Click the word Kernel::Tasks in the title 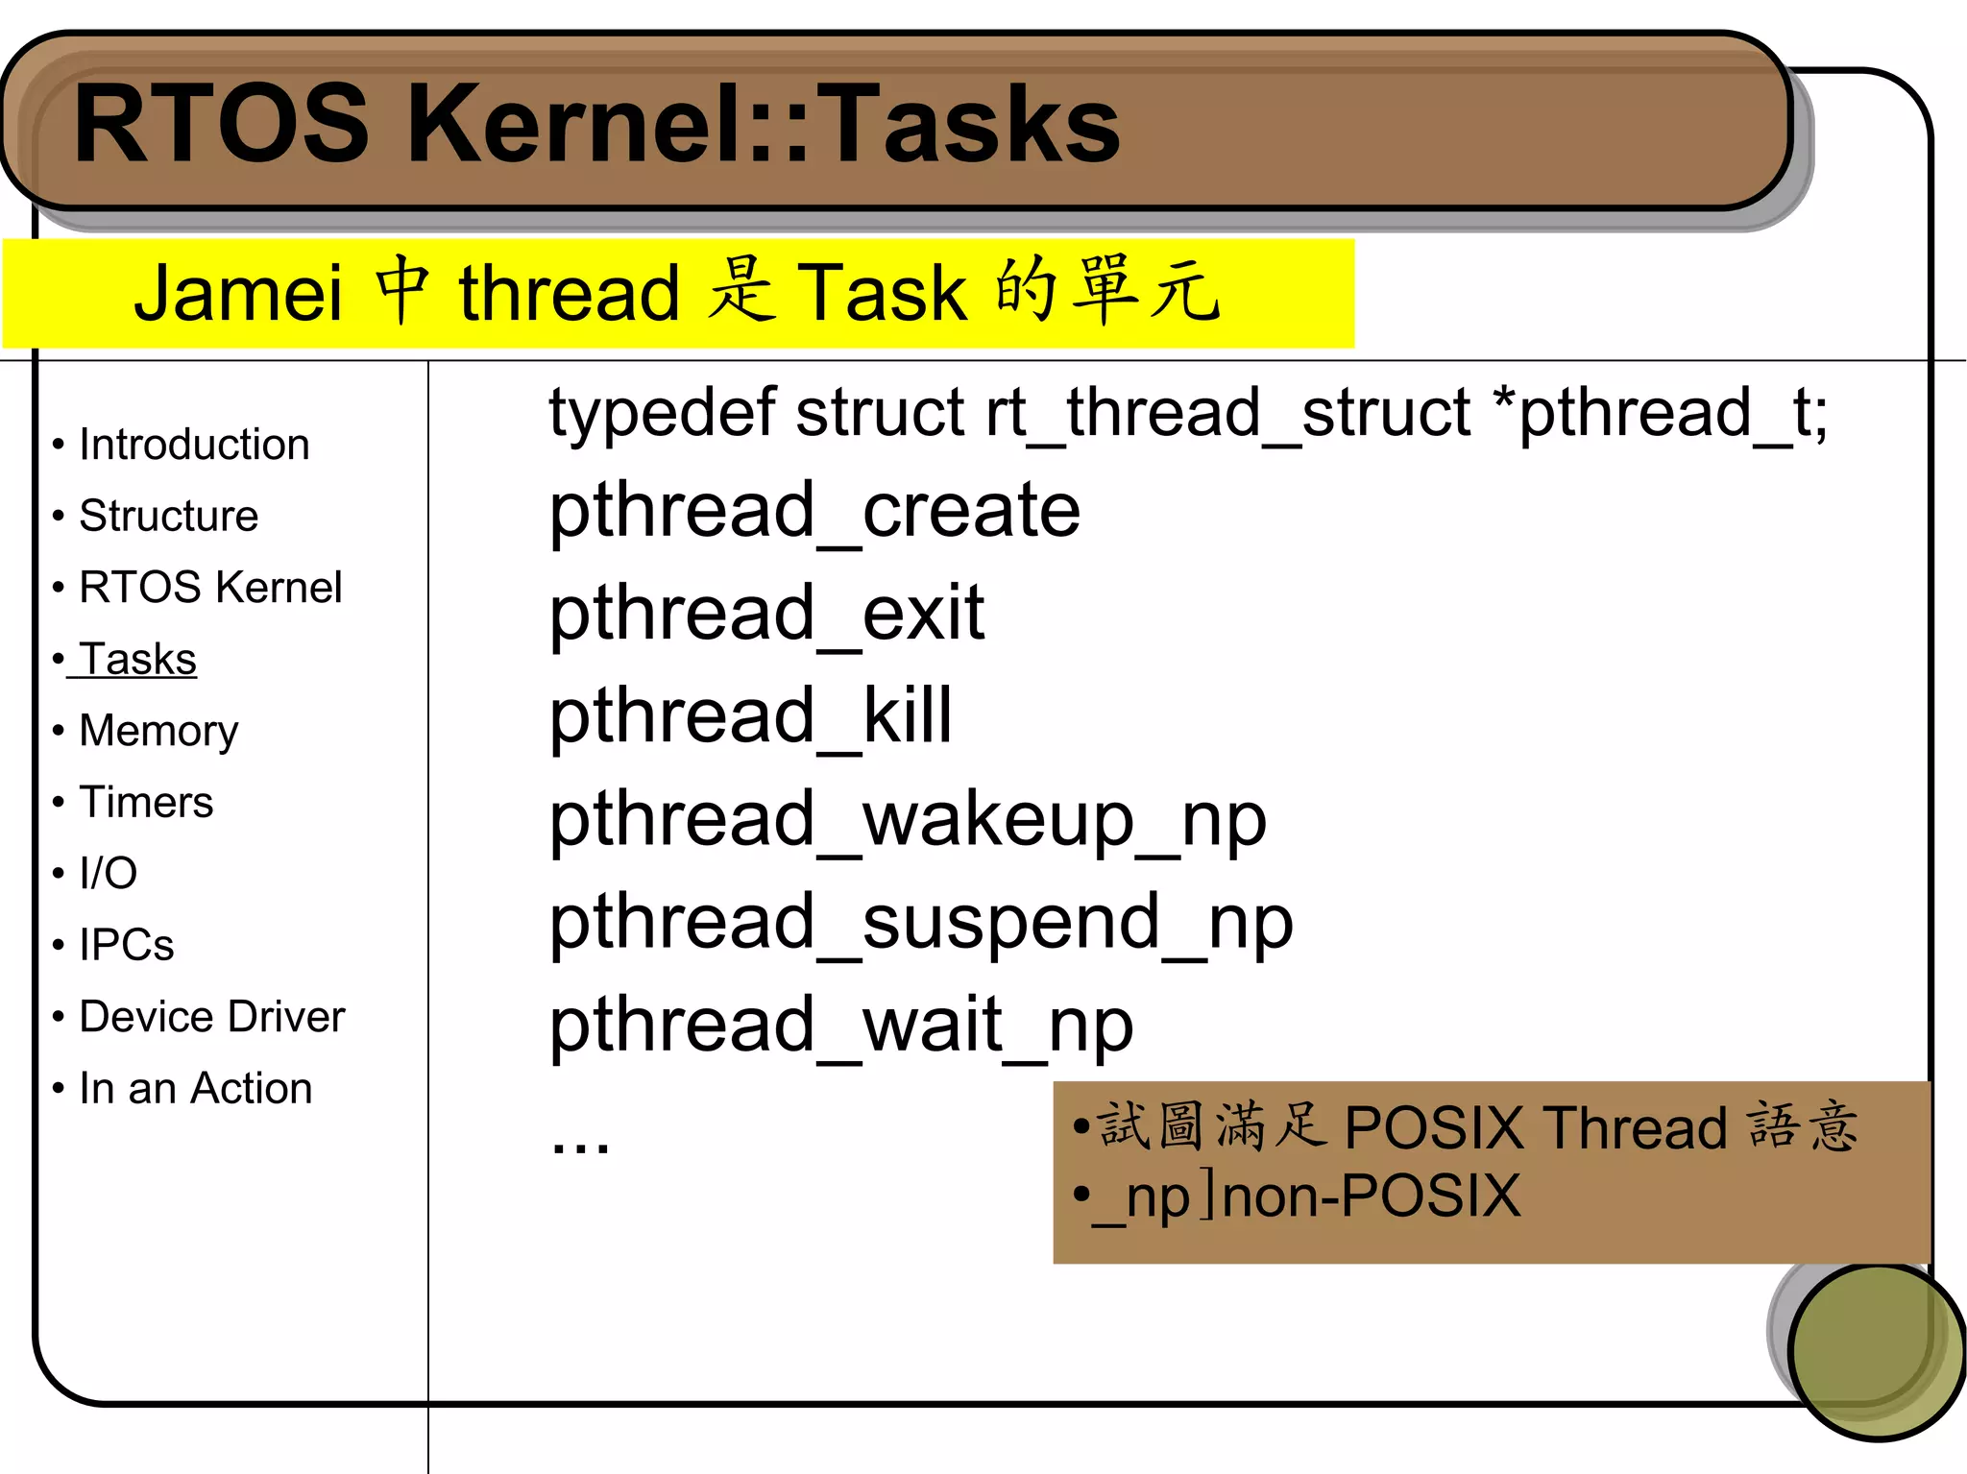(x=764, y=125)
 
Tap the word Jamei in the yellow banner (x=238, y=293)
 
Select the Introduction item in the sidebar (x=194, y=445)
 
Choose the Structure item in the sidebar (x=168, y=516)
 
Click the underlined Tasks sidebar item (x=137, y=660)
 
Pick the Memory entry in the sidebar (x=158, y=731)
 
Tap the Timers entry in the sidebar (x=146, y=802)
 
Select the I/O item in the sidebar (x=108, y=874)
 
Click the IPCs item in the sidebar (x=126, y=945)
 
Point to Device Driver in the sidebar (x=211, y=1017)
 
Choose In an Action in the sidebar (x=196, y=1089)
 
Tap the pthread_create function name (x=814, y=513)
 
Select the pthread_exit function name (x=766, y=615)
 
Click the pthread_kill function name (x=750, y=717)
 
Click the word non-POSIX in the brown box (x=1372, y=1196)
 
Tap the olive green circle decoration (x=1875, y=1352)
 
